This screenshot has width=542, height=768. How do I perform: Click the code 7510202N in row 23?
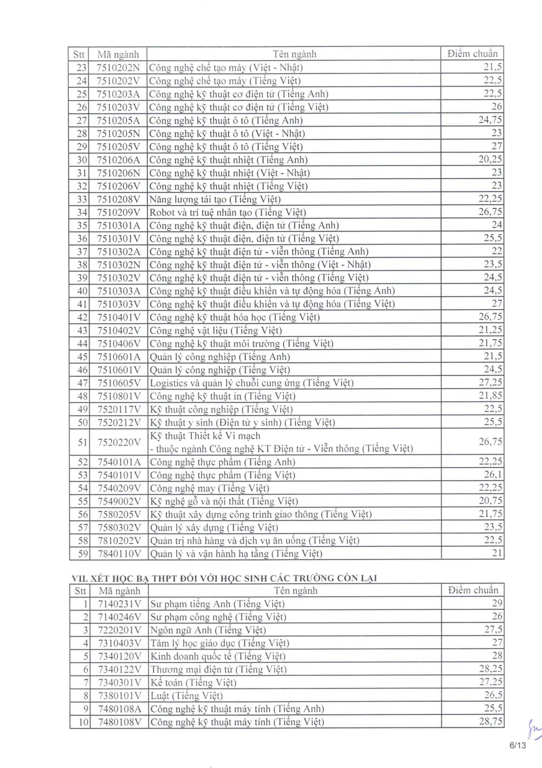coord(118,68)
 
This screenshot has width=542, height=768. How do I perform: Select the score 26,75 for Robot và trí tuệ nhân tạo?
coord(490,212)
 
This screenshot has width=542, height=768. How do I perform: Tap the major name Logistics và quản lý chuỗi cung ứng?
coord(251,383)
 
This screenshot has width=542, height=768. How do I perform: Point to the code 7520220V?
coord(119,442)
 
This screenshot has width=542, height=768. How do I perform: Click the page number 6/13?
coord(518,745)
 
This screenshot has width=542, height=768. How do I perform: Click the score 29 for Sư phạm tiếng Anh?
coord(496,603)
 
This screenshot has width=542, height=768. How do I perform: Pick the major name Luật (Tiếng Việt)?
coord(186,695)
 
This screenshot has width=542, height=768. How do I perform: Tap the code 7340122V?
coord(119,669)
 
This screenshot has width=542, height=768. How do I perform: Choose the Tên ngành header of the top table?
coord(294,54)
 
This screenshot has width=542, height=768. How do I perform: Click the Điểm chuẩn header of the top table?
coord(472,54)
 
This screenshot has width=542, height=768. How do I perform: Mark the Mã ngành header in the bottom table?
coord(119,591)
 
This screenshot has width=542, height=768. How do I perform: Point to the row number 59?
coord(82,554)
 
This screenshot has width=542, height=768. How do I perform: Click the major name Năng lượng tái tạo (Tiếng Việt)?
coord(208,199)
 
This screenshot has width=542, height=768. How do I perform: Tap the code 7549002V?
coord(119,501)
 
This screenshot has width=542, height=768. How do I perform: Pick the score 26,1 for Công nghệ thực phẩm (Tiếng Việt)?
coord(493,475)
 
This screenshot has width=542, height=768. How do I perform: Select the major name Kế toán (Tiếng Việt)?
coord(193,682)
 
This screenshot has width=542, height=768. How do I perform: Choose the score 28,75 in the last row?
coord(491,721)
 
